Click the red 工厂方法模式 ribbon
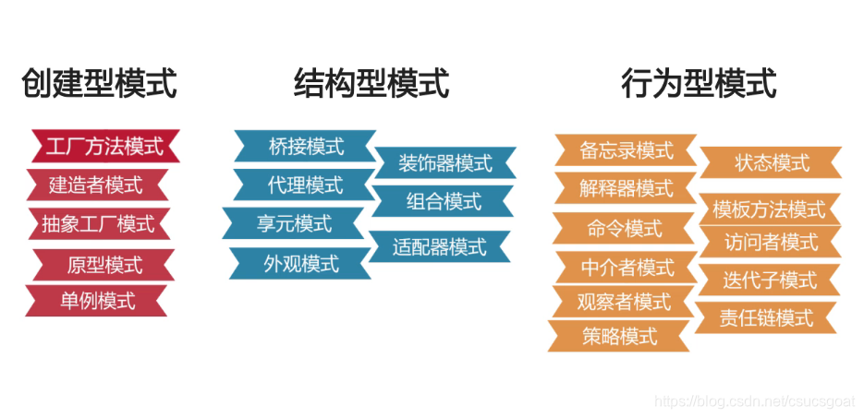[103, 146]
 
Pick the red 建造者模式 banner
[96, 185]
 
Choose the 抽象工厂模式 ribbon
[98, 223]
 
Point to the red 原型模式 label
[104, 265]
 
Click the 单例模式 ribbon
[97, 300]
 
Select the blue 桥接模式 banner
[305, 146]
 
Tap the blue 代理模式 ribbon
[304, 185]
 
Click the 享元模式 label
[294, 223]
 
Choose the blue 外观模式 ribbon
[301, 263]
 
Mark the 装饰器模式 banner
[444, 163]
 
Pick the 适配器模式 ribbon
[439, 246]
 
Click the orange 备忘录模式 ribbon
[626, 149]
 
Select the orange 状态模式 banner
[772, 162]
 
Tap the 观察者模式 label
[623, 301]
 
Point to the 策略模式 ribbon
[619, 336]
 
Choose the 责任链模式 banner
[766, 317]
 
